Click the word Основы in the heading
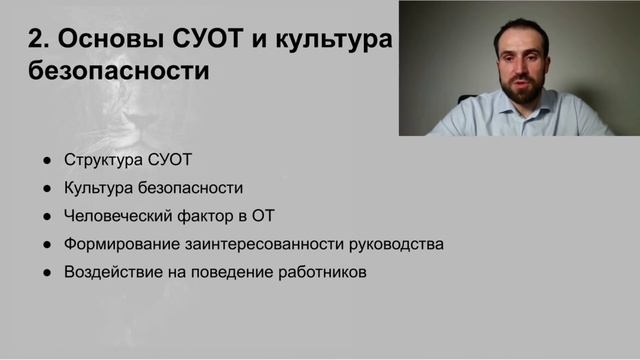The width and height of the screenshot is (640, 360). [96, 40]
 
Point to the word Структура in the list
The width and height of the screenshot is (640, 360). [99, 160]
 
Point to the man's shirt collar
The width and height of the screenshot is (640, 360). [500, 106]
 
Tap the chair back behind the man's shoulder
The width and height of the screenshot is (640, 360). [466, 100]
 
